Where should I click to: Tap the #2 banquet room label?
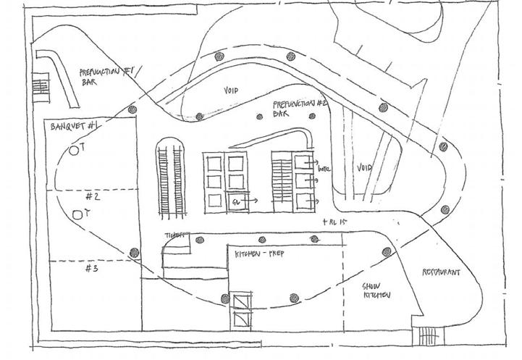tap(92, 196)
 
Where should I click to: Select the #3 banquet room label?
tap(91, 268)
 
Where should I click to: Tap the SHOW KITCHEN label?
tap(377, 290)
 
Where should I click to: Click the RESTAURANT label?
tap(442, 273)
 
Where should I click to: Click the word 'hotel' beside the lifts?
tap(322, 169)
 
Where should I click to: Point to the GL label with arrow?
tap(235, 201)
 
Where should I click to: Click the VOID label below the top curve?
tap(229, 90)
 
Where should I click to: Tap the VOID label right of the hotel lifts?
tap(365, 168)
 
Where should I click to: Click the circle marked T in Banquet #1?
tap(74, 150)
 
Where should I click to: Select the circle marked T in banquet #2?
tap(77, 214)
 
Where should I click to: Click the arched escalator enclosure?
tap(172, 177)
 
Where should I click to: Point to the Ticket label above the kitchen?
tap(174, 235)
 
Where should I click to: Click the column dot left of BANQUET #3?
tap(133, 253)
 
